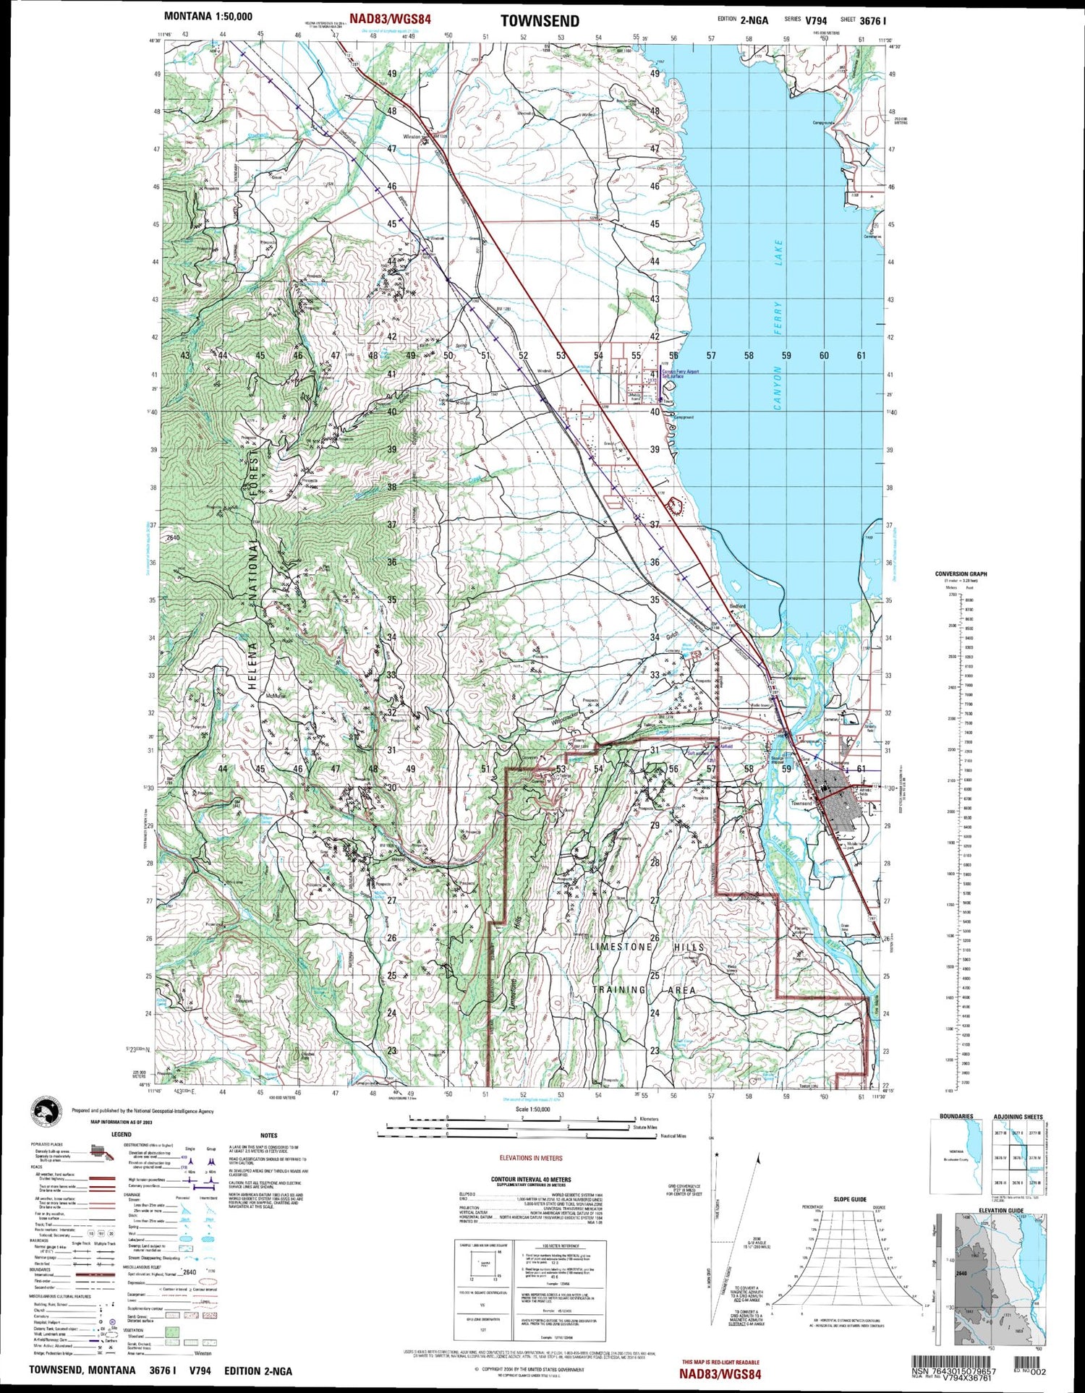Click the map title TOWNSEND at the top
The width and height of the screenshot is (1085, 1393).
coord(540,21)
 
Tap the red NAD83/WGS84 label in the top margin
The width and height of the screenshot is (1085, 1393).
coord(390,20)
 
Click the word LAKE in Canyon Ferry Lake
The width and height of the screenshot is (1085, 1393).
coord(778,252)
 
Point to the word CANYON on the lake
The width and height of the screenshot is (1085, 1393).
coord(778,388)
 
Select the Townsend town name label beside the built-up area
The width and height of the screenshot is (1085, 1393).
coord(801,803)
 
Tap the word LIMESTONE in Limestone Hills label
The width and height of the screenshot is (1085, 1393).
coord(621,947)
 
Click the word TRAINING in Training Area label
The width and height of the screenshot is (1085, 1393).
coord(620,989)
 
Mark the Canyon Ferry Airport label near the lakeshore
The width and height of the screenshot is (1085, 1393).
coord(681,372)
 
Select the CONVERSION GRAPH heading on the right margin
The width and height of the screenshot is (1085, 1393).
coord(961,574)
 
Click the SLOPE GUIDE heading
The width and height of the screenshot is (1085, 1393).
coord(849,1199)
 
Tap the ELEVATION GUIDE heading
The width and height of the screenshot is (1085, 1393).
coord(1001,1210)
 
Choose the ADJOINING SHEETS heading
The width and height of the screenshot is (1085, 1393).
coord(1018,1117)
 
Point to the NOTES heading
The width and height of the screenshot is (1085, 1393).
coord(268,1136)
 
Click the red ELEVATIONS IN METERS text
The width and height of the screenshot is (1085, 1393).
coord(531,1158)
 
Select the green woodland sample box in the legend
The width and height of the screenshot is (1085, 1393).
coord(173,1332)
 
